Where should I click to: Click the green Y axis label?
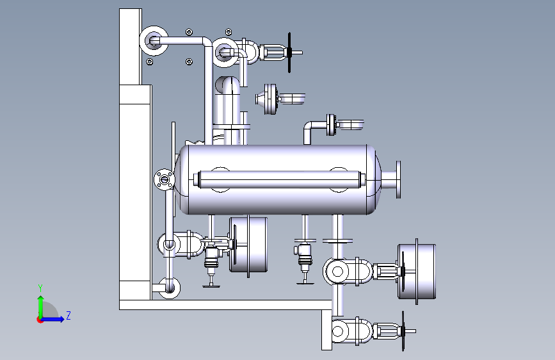tap(40, 288)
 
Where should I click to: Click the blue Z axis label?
tap(68, 315)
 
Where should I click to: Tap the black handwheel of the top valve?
tap(289, 53)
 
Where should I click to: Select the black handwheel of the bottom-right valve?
tap(403, 331)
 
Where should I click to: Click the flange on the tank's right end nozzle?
tap(399, 179)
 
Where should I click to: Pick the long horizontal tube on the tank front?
tap(280, 179)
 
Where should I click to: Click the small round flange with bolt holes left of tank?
tap(165, 179)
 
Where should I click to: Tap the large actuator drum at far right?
tap(417, 272)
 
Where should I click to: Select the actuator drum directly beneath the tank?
tap(248, 245)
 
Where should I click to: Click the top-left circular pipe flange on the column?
tap(154, 41)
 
